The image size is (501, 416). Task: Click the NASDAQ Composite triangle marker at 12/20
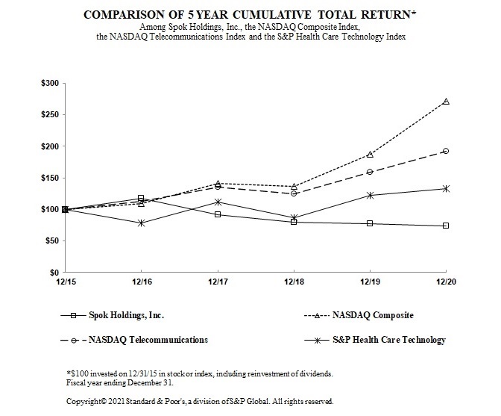click(446, 102)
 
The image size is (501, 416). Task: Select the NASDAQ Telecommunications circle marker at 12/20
click(446, 151)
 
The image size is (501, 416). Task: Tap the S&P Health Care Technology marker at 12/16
click(141, 223)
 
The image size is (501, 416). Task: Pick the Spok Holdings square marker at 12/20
click(446, 226)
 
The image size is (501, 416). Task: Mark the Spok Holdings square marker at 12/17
click(217, 214)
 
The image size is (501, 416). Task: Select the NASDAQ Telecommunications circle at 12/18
click(294, 193)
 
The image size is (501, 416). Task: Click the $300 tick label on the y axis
click(50, 83)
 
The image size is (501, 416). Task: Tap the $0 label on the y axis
click(54, 272)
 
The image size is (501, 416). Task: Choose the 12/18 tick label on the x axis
click(294, 282)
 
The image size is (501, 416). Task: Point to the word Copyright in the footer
click(83, 400)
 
